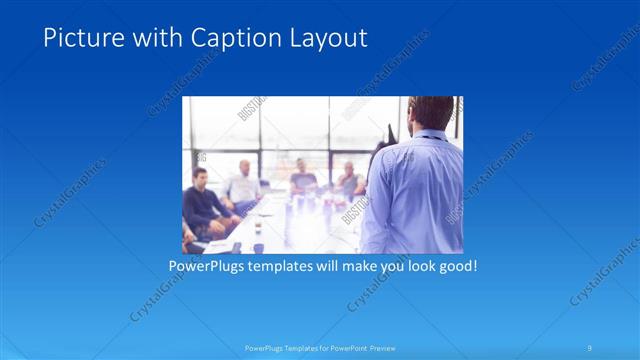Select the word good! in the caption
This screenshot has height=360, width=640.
454,267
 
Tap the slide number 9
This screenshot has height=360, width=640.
590,347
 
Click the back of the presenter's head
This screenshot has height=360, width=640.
432,113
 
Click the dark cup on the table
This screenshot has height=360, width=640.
257,228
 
